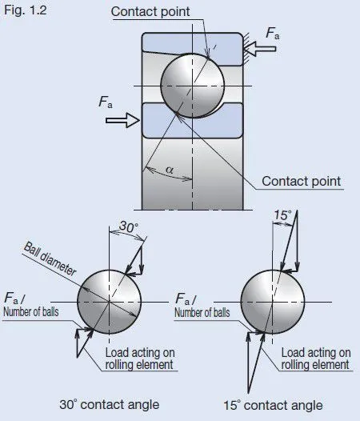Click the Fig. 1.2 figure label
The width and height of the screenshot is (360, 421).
pyautogui.click(x=26, y=10)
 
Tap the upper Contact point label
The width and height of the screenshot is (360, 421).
pyautogui.click(x=150, y=11)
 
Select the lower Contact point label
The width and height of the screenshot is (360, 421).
pyautogui.click(x=302, y=181)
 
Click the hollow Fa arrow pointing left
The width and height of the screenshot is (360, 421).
pyautogui.click(x=260, y=49)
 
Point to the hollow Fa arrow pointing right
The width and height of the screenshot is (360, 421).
pyautogui.click(x=122, y=120)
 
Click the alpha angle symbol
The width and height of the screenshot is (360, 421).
pyautogui.click(x=170, y=170)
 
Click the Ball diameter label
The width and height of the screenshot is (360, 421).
pyautogui.click(x=50, y=259)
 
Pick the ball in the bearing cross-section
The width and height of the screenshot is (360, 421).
pyautogui.click(x=192, y=86)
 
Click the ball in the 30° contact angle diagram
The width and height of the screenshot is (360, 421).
pyautogui.click(x=109, y=302)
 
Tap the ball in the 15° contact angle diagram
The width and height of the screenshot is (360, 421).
pyautogui.click(x=273, y=302)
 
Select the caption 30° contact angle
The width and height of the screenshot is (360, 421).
pyautogui.click(x=110, y=404)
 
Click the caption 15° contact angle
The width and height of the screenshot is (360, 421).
pyautogui.click(x=273, y=405)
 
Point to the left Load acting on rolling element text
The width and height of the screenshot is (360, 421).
pyautogui.click(x=140, y=359)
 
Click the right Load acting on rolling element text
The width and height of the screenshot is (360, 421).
pyautogui.click(x=316, y=359)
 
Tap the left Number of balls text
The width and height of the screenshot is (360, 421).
pyautogui.click(x=31, y=312)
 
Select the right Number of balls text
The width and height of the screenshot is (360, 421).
pyautogui.click(x=202, y=312)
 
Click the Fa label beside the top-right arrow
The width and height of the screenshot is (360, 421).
pyautogui.click(x=273, y=34)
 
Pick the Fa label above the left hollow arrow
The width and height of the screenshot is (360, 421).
pyautogui.click(x=106, y=102)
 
